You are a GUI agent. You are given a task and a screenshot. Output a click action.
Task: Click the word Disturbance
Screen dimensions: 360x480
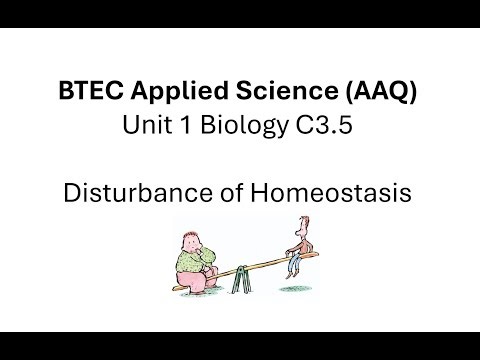click(145, 193)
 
